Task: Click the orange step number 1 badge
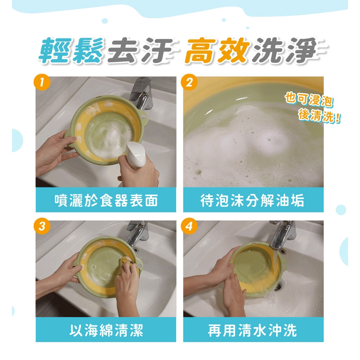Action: pyautogui.click(x=42, y=82)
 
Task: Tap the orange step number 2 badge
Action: pyautogui.click(x=189, y=82)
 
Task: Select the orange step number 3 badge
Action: pyautogui.click(x=42, y=226)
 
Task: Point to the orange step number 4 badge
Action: pyautogui.click(x=189, y=226)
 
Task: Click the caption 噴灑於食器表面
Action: pyautogui.click(x=106, y=200)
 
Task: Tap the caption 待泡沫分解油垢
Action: pyautogui.click(x=252, y=200)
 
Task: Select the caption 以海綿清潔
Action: pyautogui.click(x=106, y=330)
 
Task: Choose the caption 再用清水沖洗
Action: pyautogui.click(x=252, y=330)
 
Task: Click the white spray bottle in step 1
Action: pyautogui.click(x=135, y=154)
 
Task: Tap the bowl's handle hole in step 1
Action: pyautogui.click(x=144, y=116)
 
